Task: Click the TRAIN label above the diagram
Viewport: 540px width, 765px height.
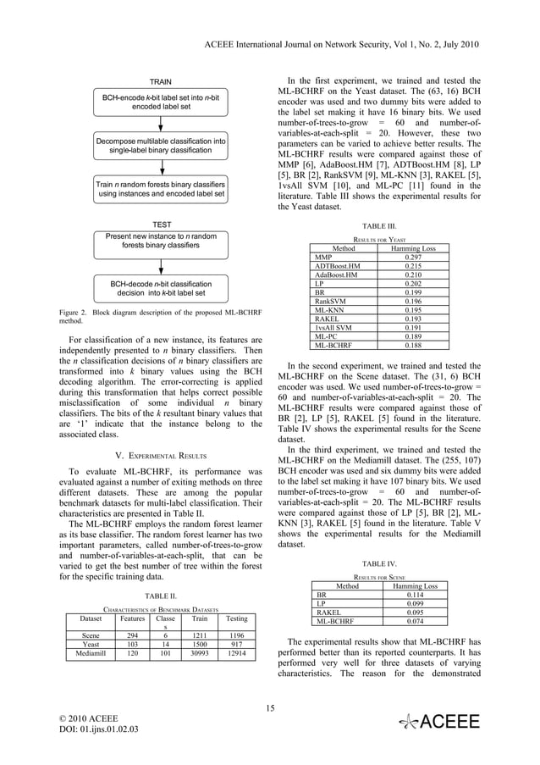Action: [x=161, y=81]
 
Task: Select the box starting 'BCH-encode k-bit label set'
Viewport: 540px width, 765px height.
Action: [x=161, y=103]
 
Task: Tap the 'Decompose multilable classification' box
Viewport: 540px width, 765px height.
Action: [x=161, y=145]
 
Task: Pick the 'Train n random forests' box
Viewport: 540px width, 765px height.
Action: [x=161, y=189]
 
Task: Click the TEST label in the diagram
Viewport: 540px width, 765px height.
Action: [x=161, y=225]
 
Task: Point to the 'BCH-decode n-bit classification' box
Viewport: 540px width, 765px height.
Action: [x=161, y=288]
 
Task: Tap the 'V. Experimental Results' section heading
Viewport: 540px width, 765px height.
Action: [x=160, y=452]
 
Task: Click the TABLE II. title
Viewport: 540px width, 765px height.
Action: [x=160, y=596]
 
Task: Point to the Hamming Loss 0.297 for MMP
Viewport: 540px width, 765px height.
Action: [x=413, y=258]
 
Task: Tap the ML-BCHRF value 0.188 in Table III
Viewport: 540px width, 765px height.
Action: [x=413, y=346]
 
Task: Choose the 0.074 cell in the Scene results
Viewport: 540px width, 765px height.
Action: [x=413, y=621]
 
